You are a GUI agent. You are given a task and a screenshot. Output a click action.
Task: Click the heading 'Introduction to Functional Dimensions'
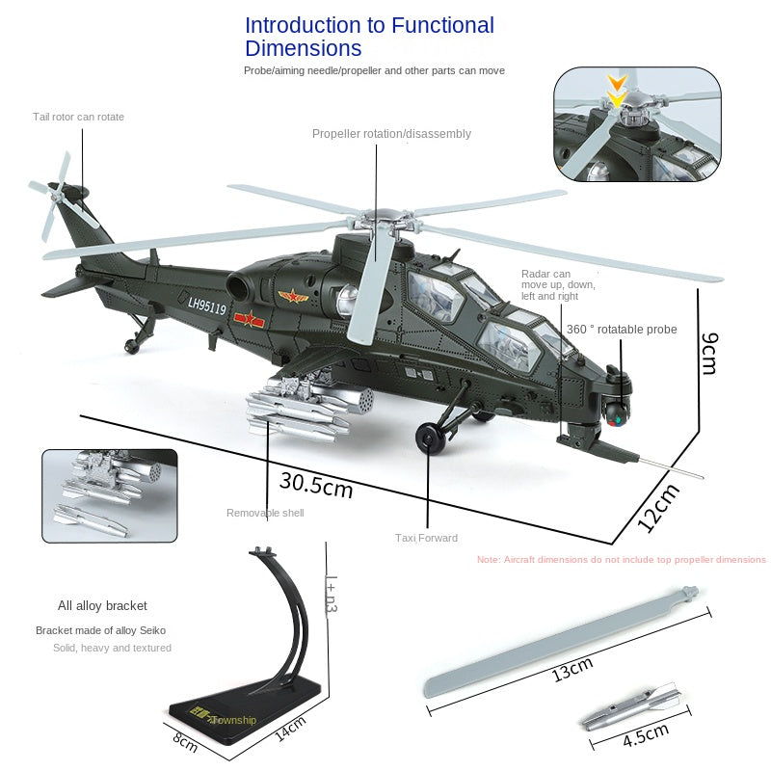coord(369,37)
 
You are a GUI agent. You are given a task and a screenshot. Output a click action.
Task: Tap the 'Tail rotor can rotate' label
coord(78,117)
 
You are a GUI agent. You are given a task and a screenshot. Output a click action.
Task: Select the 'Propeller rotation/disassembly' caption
coord(391,134)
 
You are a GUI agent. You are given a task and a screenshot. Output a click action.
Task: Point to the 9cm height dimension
coord(708,353)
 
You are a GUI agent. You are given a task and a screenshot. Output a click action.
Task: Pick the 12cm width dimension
coord(659,508)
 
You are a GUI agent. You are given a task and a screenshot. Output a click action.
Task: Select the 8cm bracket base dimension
coord(185,744)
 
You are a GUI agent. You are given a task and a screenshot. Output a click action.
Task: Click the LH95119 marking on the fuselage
coord(206,307)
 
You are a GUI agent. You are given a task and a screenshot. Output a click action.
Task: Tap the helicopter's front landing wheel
coord(430,437)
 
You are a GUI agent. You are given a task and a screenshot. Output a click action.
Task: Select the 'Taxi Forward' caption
coord(426,538)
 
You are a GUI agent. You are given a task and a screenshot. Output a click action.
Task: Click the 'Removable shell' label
coord(265,513)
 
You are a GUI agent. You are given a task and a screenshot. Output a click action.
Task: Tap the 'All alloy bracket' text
coord(102,606)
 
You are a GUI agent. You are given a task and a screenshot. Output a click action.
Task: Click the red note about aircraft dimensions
coord(622,559)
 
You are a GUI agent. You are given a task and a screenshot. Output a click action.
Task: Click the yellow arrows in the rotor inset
coord(617,91)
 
